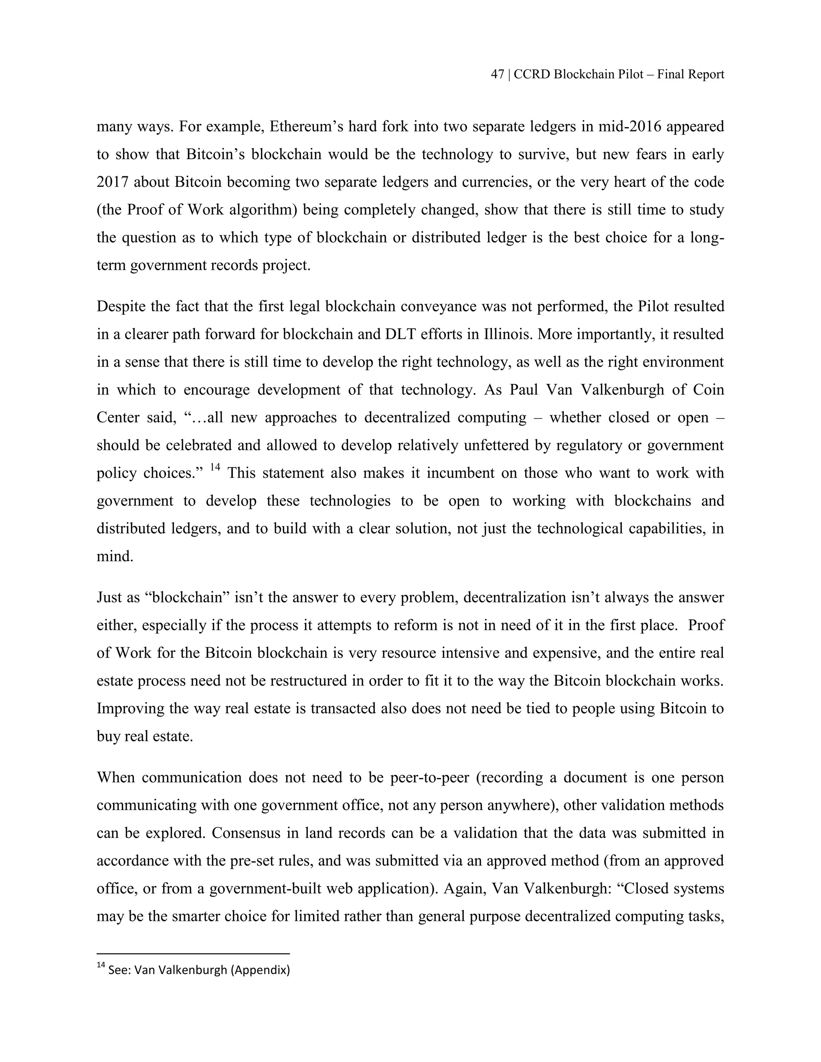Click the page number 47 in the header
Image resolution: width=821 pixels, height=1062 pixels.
tap(497, 75)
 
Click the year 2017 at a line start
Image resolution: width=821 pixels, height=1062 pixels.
tap(112, 182)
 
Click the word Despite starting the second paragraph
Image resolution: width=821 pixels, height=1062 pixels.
tap(121, 306)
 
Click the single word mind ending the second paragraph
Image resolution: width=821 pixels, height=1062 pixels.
tap(114, 556)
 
